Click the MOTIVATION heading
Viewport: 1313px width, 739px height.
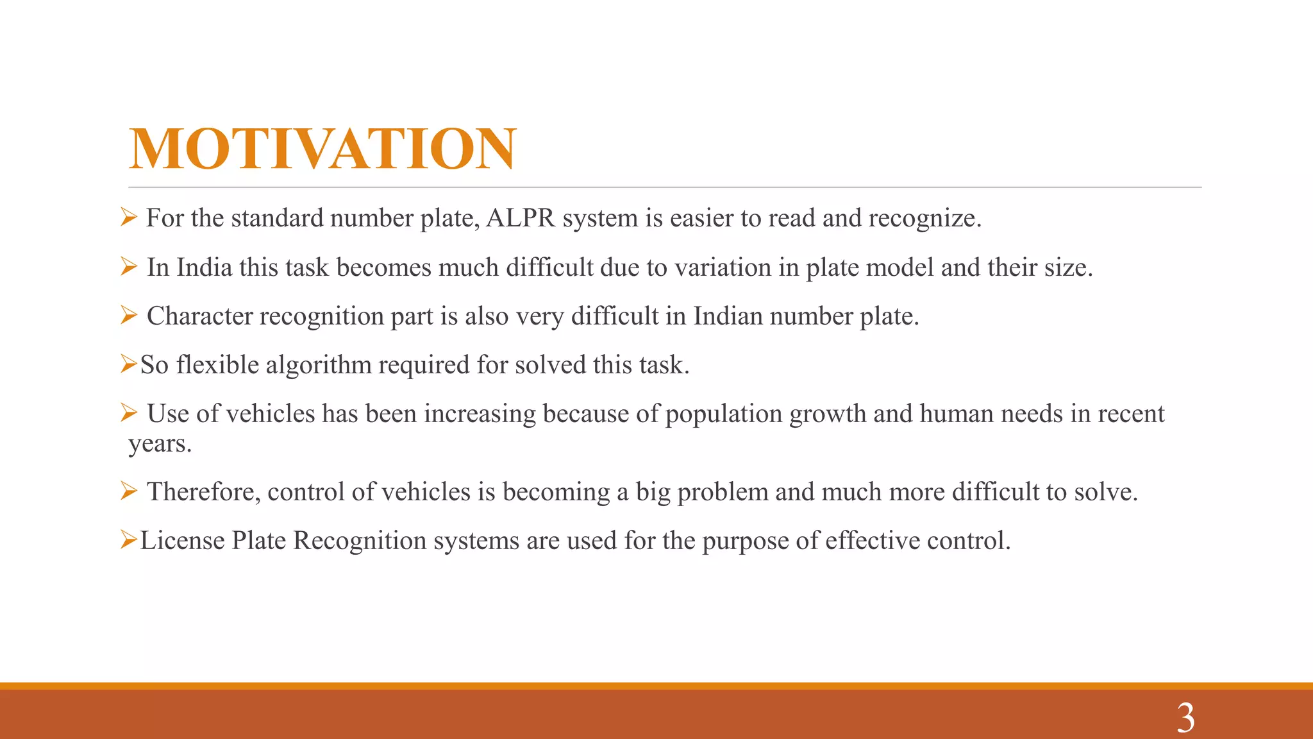[x=322, y=149]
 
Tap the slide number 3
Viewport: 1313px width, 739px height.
[x=1185, y=718]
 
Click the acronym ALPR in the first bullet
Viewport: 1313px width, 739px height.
[x=521, y=218]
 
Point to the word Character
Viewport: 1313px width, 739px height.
[x=199, y=316]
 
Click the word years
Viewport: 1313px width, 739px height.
[x=159, y=443]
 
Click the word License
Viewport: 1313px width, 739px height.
[x=182, y=541]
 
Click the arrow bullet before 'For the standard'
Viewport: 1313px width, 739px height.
[x=128, y=217]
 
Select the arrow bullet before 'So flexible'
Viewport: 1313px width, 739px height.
[x=128, y=364]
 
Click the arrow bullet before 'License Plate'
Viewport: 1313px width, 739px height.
[x=128, y=540]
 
